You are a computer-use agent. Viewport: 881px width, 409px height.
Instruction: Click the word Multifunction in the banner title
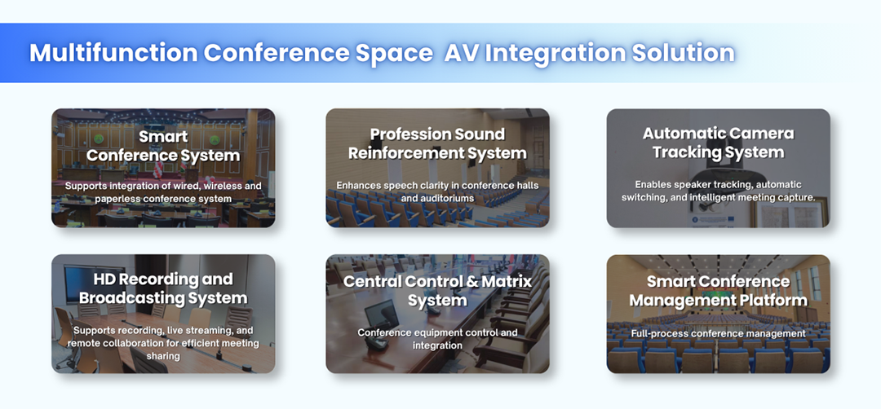point(113,53)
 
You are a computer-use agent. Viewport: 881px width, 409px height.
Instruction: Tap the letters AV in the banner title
point(461,53)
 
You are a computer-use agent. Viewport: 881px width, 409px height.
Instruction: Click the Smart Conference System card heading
point(163,146)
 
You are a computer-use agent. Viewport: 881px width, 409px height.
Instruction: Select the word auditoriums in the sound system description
point(451,198)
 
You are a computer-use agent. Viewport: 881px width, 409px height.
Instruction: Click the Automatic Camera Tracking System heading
point(718,143)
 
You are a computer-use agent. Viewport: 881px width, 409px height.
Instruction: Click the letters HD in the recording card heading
point(105,279)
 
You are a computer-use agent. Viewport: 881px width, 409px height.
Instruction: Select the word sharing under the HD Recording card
point(163,356)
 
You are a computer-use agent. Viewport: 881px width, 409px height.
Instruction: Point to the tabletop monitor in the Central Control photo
point(382,314)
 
